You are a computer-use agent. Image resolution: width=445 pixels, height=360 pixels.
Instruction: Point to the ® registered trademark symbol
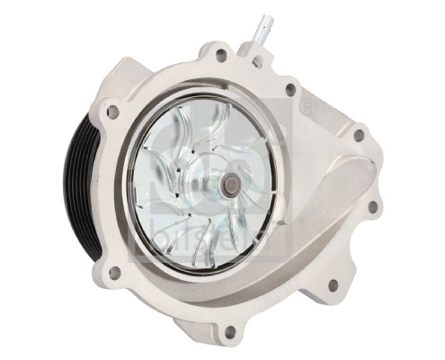(308, 106)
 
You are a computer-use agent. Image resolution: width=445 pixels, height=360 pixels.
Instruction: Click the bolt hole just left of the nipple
(220, 55)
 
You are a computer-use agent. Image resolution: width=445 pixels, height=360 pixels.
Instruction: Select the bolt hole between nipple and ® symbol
(289, 90)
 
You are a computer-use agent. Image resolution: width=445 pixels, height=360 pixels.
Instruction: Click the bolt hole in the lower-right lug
(333, 285)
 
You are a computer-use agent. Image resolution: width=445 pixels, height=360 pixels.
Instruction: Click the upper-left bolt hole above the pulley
(112, 112)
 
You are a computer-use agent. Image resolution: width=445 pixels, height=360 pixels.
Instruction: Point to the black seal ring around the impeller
(208, 99)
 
